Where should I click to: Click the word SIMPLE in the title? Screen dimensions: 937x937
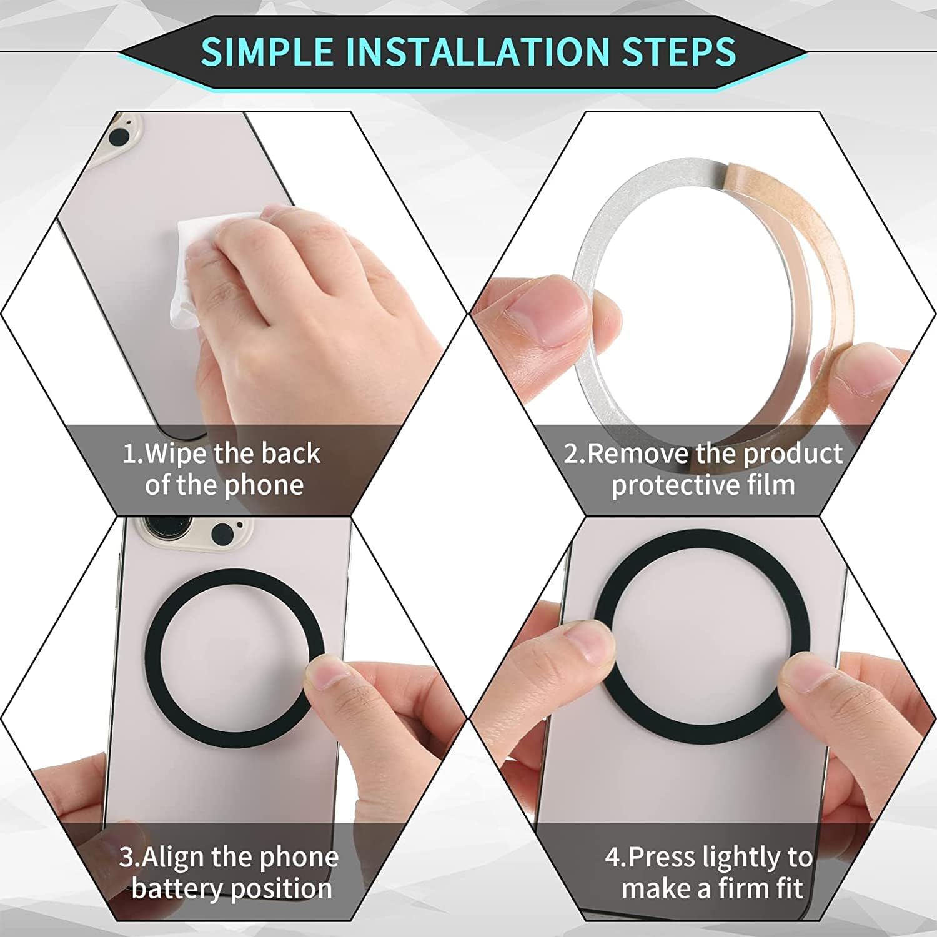(267, 51)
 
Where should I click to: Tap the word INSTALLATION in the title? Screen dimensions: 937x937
(477, 51)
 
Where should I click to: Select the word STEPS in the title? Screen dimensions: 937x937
(679, 51)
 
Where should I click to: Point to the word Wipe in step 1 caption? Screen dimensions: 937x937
(177, 453)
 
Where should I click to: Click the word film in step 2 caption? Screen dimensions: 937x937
(771, 485)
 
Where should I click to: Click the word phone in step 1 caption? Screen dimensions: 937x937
(264, 485)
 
